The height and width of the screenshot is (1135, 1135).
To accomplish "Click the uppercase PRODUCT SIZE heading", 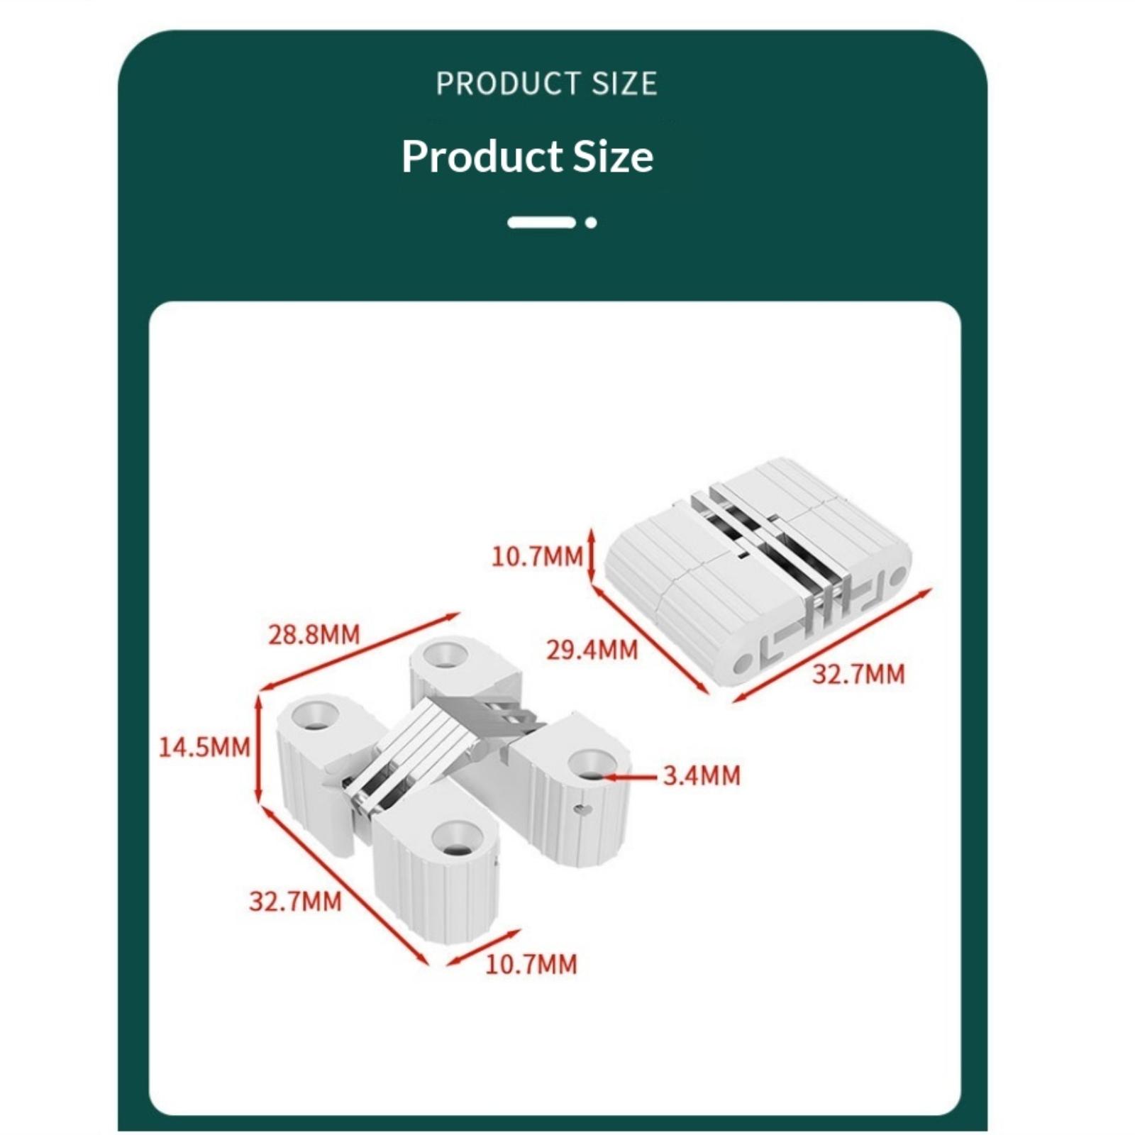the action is [546, 84].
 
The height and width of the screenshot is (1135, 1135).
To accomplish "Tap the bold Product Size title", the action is [527, 155].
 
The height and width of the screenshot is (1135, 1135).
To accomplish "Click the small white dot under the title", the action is [591, 223].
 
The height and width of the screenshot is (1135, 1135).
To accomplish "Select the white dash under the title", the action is [541, 223].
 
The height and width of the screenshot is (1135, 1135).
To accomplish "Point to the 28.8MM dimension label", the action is [314, 634].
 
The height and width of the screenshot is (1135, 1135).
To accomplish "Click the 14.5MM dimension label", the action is [204, 747].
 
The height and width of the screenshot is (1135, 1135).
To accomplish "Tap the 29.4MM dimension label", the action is [592, 650].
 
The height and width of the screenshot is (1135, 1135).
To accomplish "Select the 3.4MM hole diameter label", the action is [702, 775].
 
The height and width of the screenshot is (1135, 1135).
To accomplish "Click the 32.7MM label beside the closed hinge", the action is [858, 674].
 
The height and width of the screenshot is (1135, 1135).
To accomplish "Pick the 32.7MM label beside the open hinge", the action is [295, 902].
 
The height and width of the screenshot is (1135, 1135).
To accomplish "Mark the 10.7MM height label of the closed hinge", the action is [537, 556].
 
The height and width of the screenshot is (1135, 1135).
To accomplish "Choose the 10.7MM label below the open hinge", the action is [531, 964].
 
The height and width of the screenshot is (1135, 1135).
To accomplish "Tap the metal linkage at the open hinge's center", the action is [454, 745].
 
